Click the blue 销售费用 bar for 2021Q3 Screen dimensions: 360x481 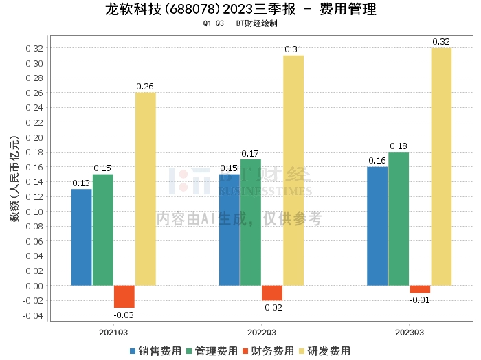[81, 237]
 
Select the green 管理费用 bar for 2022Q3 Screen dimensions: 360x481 [251, 222]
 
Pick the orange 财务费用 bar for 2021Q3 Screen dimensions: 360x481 [124, 296]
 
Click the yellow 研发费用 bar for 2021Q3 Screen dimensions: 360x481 [145, 189]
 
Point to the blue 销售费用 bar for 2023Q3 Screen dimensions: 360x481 [377, 226]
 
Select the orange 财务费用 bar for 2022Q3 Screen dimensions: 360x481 [272, 293]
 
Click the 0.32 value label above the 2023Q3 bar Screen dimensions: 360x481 [441, 42]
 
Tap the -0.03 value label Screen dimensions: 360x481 [124, 315]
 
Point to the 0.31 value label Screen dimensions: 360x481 [293, 49]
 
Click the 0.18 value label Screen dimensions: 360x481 [399, 146]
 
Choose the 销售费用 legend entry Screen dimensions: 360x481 [155, 350]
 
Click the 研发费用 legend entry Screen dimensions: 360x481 [323, 350]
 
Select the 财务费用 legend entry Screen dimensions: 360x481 [267, 350]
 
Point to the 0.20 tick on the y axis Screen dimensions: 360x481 [36, 137]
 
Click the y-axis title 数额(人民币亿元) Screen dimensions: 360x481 [14, 181]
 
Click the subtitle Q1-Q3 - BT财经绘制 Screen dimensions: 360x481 [240, 23]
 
